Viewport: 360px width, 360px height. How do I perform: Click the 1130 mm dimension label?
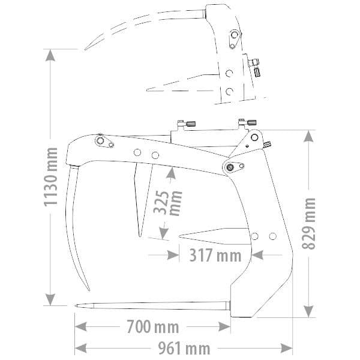[x=52, y=181]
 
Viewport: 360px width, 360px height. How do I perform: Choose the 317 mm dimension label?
[x=215, y=255]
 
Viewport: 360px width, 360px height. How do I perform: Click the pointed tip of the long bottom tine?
[x=76, y=306]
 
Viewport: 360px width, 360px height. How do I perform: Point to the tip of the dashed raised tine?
[x=85, y=49]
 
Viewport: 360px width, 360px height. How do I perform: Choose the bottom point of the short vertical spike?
[x=139, y=236]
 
